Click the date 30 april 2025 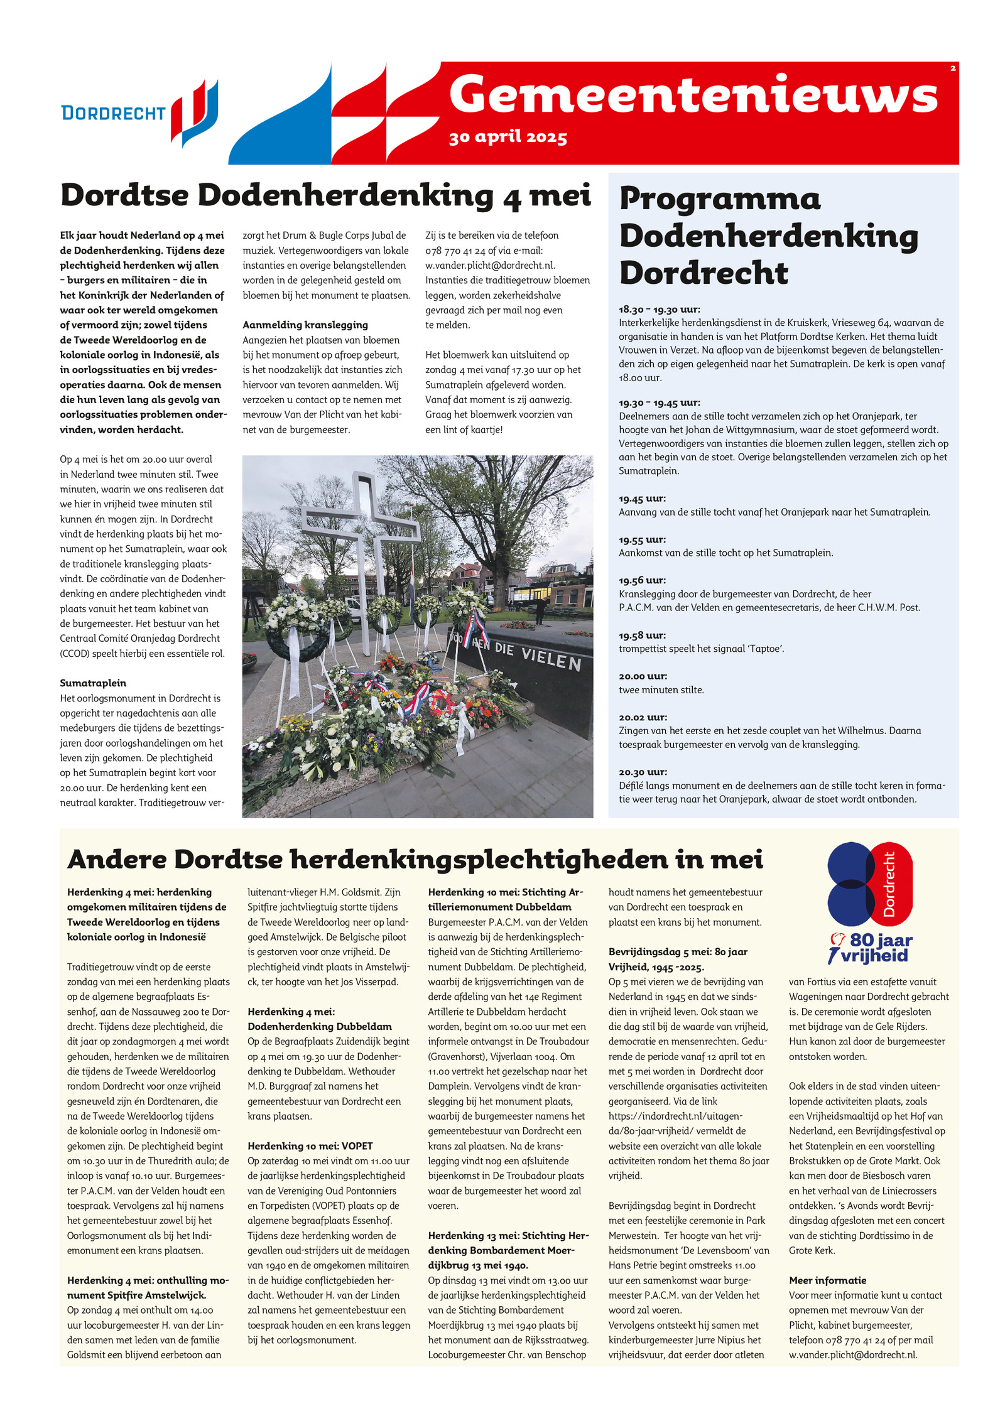508,137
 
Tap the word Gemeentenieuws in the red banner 693,95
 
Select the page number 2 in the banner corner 953,68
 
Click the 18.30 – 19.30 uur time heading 660,309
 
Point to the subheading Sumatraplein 93,683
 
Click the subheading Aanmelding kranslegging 305,325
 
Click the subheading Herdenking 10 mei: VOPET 310,1146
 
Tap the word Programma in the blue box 720,199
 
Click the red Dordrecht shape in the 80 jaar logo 890,884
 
